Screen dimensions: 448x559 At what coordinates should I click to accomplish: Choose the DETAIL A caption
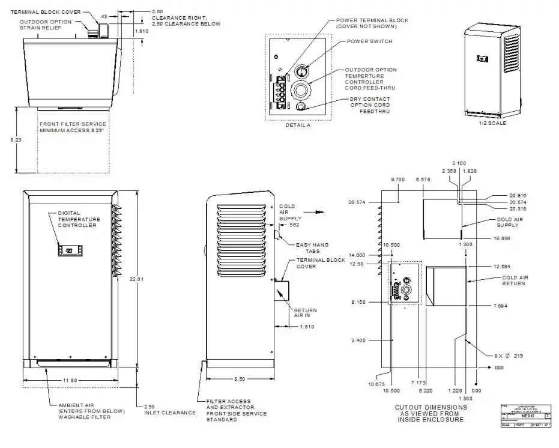(x=298, y=125)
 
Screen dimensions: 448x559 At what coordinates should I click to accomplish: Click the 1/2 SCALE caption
(x=492, y=123)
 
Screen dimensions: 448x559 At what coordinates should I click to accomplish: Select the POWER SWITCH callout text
(x=369, y=41)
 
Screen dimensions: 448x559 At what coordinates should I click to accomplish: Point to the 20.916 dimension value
(x=518, y=196)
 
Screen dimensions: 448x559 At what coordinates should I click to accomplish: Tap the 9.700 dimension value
(x=397, y=180)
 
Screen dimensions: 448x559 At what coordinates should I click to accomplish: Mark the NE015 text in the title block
(x=526, y=415)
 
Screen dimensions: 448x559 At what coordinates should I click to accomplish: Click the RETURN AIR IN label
(x=305, y=313)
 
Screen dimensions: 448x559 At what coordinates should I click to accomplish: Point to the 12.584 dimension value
(x=501, y=266)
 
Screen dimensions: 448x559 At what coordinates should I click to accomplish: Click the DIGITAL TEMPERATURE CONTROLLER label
(x=79, y=219)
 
